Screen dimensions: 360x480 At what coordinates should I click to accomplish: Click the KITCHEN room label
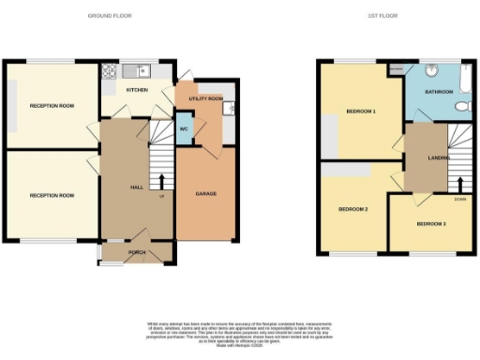tap(138, 91)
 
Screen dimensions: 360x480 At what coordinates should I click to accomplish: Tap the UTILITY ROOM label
tap(205, 97)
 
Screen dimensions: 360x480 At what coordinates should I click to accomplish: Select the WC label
tap(183, 127)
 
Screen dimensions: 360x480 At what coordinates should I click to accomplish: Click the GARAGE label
tap(205, 193)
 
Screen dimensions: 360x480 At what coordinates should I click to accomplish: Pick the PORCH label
tap(137, 250)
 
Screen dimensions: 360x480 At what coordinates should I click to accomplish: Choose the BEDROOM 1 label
tap(361, 112)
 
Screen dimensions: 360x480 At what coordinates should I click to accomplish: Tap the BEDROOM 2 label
tap(352, 208)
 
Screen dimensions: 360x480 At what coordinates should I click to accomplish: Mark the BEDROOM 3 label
tap(432, 224)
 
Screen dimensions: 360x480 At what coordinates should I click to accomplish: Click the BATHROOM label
tap(439, 92)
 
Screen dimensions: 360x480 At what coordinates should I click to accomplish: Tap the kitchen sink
tap(139, 68)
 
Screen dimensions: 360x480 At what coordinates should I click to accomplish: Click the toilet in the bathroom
tap(462, 107)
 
